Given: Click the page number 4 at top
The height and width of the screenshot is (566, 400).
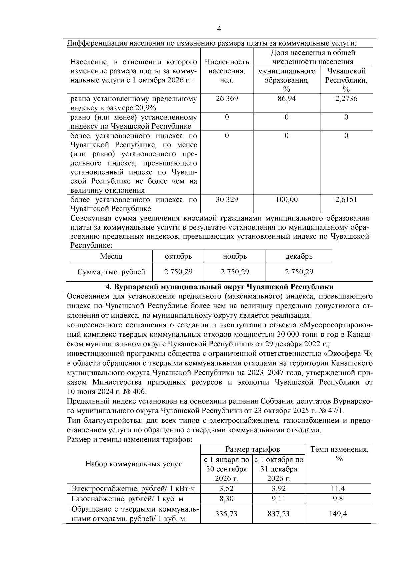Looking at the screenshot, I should tap(219, 29).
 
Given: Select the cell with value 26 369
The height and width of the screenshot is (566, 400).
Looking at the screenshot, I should tap(227, 99).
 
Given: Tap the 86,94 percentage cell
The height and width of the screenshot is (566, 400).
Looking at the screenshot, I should tap(286, 99).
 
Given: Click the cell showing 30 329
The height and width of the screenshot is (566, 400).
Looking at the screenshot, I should tap(227, 200).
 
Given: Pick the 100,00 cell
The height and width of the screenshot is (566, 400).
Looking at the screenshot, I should tap(286, 200).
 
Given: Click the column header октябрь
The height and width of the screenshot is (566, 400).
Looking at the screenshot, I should tap(178, 256).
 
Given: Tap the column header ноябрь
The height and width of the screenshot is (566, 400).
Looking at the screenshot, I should tap(235, 256).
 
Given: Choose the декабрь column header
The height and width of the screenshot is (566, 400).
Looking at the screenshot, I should tap(299, 256).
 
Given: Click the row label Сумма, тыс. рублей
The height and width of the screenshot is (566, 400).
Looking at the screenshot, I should tap(111, 272).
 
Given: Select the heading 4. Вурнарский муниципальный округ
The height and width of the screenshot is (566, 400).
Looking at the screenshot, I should tap(219, 287).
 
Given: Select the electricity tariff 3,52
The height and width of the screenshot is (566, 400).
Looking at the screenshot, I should tap(226, 489).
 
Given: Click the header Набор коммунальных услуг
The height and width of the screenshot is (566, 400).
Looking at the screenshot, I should tap(133, 464).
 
